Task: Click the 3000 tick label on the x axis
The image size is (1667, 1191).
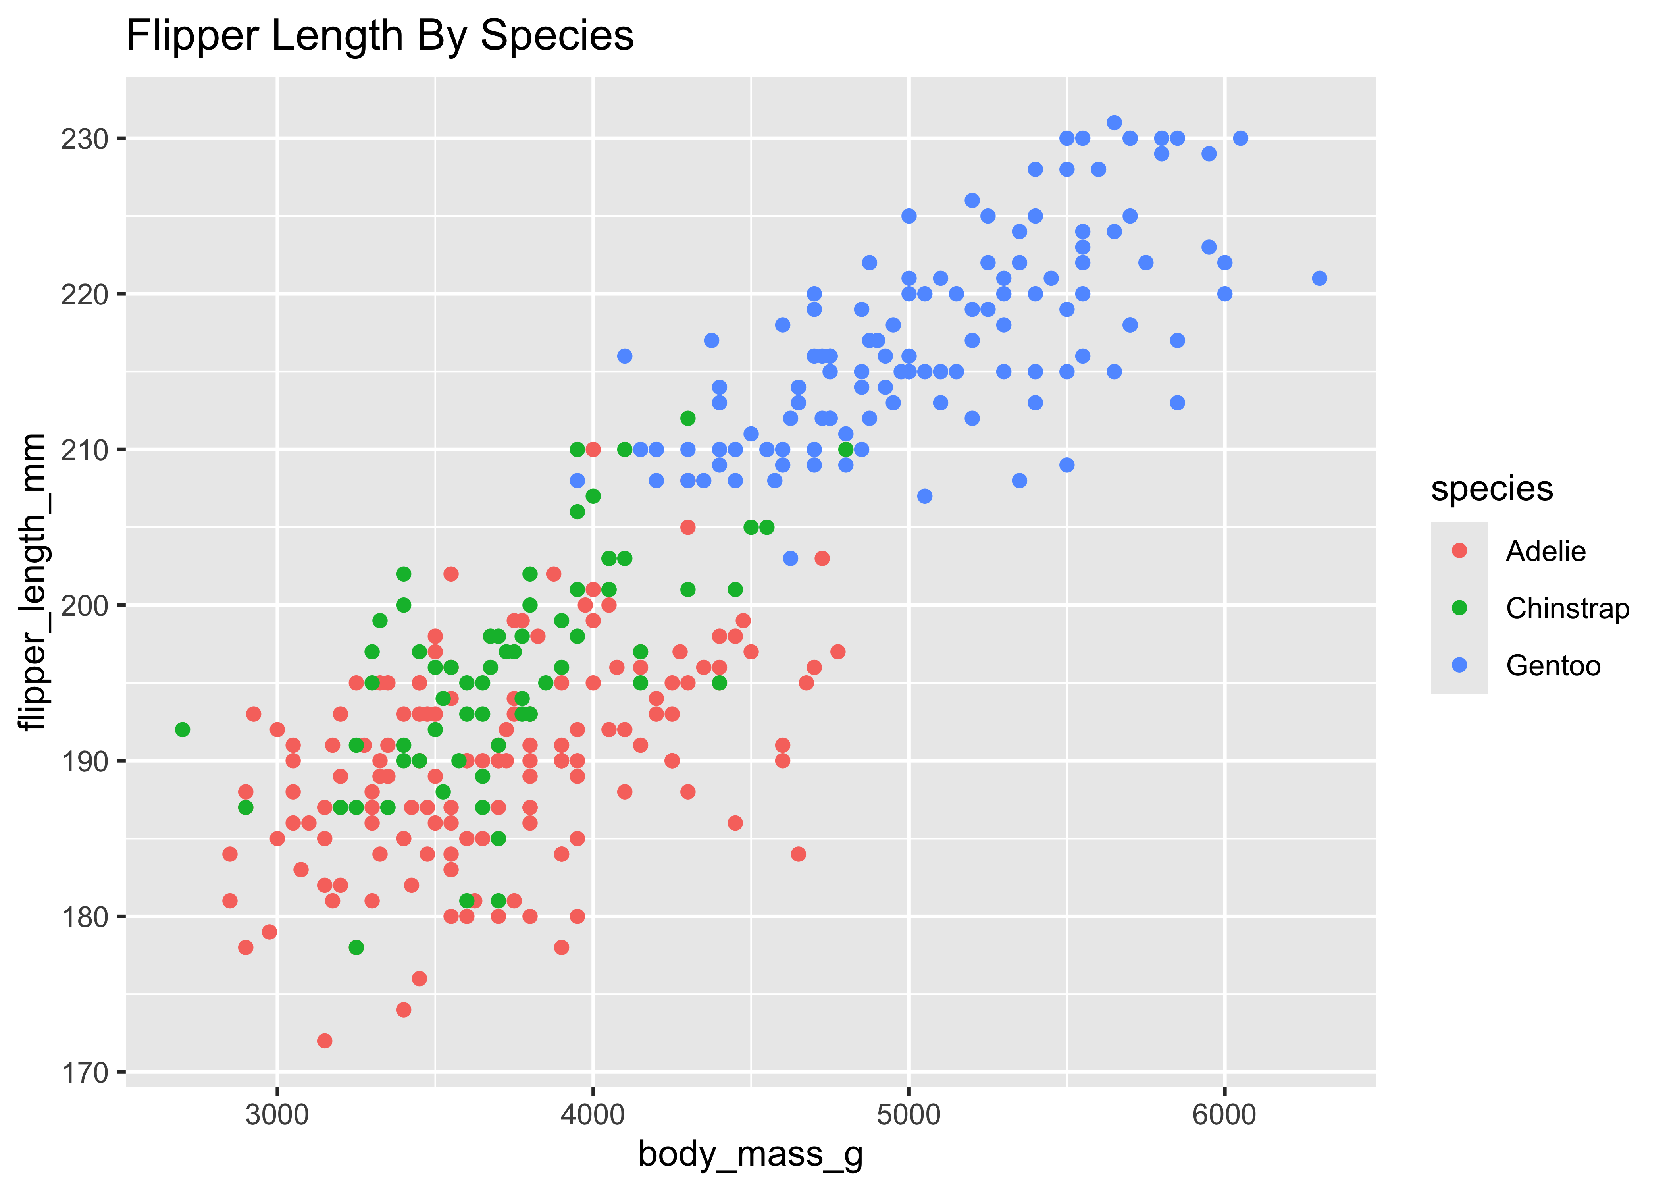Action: point(277,1115)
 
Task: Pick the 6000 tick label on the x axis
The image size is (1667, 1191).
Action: point(1224,1115)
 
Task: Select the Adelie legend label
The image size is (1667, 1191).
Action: point(1545,551)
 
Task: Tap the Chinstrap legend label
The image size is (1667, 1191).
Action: point(1567,608)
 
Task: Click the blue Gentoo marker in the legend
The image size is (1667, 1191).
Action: point(1459,665)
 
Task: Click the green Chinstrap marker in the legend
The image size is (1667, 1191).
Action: point(1459,608)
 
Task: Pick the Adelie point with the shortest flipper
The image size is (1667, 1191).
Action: point(325,1041)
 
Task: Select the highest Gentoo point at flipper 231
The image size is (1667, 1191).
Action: point(1114,122)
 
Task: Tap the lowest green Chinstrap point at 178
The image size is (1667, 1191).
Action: point(356,948)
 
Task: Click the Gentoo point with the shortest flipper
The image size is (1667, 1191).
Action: point(790,558)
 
